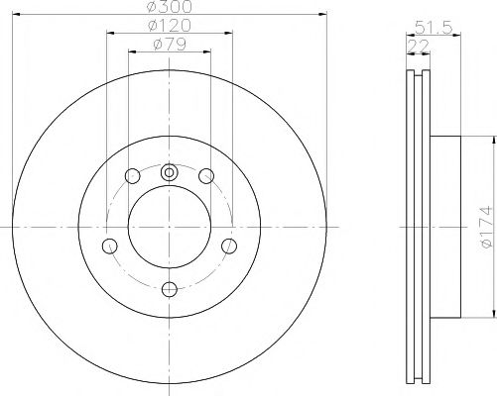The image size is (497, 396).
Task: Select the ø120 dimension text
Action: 169,25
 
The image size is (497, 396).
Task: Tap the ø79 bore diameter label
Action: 169,44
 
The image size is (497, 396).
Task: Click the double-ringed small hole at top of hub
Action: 169,172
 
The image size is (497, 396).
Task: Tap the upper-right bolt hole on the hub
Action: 206,176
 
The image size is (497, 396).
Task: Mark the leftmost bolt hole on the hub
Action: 110,245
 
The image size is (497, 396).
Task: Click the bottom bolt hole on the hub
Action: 169,288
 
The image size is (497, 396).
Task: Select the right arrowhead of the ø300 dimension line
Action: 322,16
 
